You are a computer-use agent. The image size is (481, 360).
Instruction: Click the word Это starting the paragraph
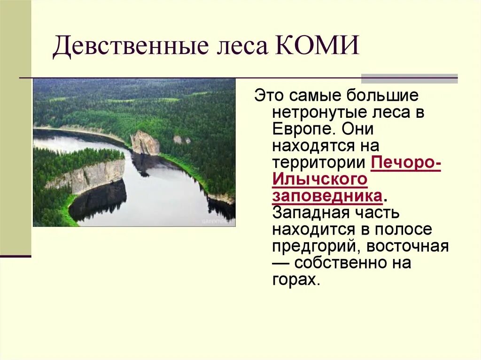point(270,96)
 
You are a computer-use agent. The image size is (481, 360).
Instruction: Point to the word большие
point(382,96)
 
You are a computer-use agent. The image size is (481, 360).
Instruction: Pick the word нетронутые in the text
point(320,113)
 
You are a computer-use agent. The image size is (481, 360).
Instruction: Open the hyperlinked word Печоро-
point(406,163)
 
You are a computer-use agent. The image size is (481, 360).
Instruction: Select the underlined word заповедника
point(326,196)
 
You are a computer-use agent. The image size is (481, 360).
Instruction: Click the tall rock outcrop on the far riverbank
point(145,143)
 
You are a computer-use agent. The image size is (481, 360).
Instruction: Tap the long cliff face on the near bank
point(89,176)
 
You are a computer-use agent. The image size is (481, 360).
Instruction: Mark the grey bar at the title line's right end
point(409,78)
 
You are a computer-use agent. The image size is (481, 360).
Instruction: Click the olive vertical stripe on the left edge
point(16,127)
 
